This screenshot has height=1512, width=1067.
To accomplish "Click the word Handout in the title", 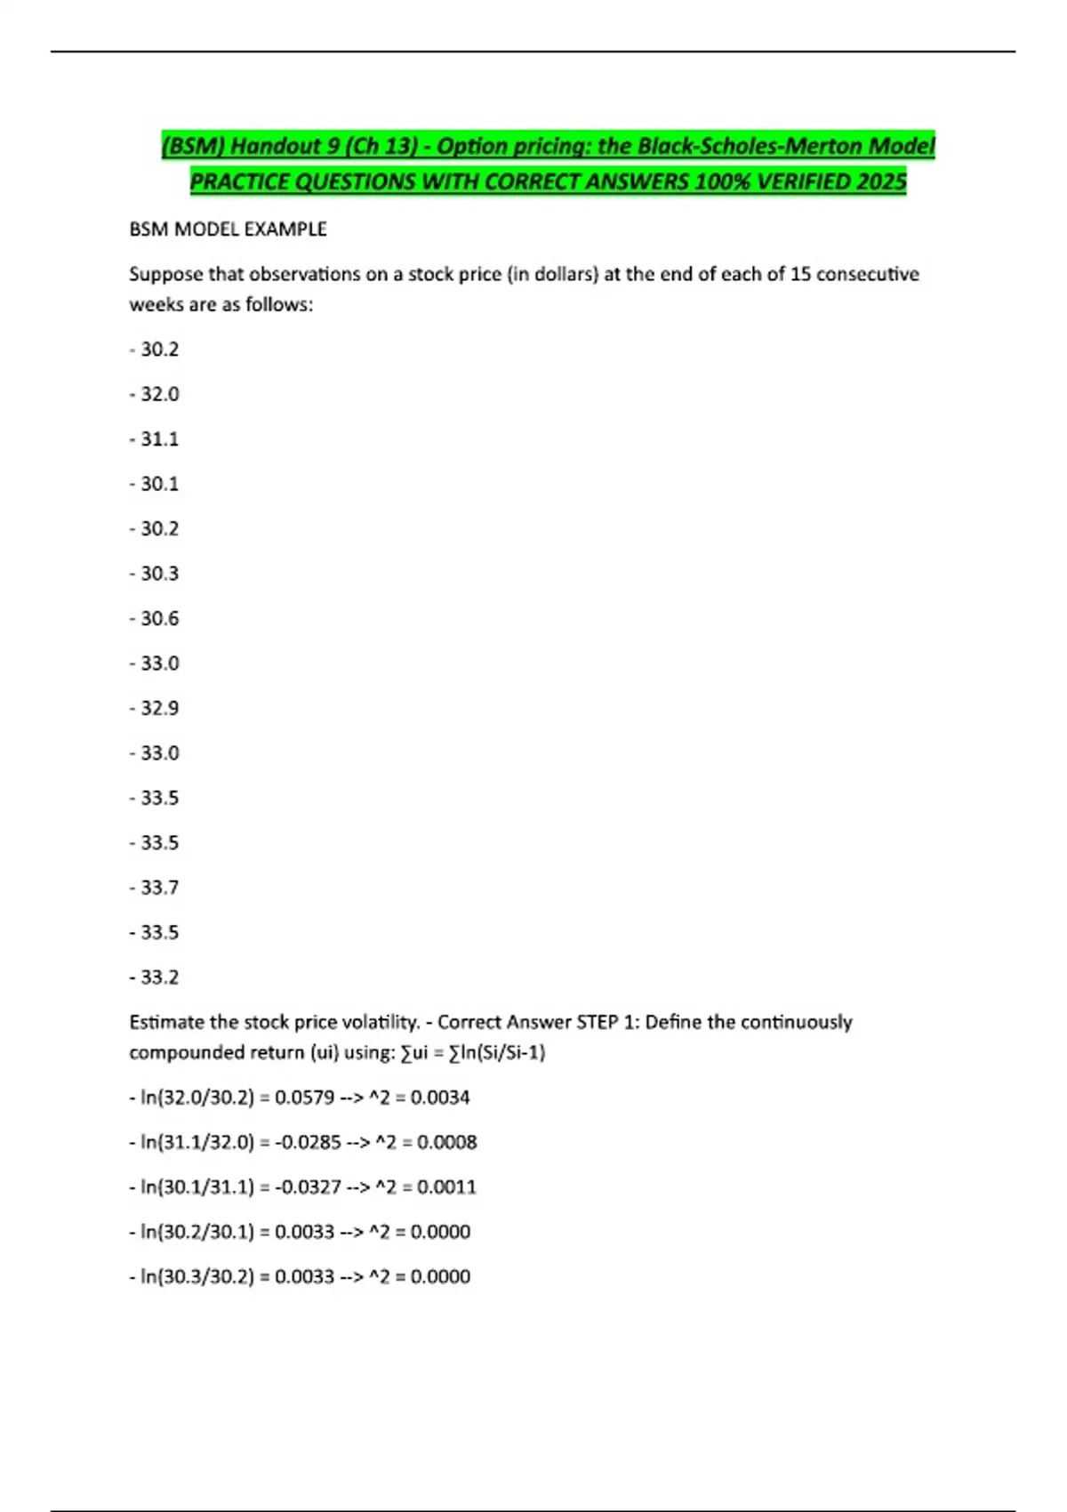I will click(x=277, y=146).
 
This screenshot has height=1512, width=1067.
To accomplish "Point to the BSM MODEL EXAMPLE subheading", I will click(x=228, y=229).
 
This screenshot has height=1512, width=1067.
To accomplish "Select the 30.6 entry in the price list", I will click(x=159, y=618).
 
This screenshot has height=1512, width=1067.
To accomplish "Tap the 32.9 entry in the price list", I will click(x=159, y=708).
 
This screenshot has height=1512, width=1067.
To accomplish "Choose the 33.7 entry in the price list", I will click(x=159, y=888).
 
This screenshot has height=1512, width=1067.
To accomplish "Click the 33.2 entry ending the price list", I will click(x=159, y=977).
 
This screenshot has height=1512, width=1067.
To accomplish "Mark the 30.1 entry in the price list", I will click(x=159, y=484).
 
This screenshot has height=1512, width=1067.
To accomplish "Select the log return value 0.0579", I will click(x=304, y=1098).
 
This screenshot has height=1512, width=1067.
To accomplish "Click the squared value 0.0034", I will click(x=440, y=1098).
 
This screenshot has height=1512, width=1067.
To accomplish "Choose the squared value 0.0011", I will click(x=446, y=1187).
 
